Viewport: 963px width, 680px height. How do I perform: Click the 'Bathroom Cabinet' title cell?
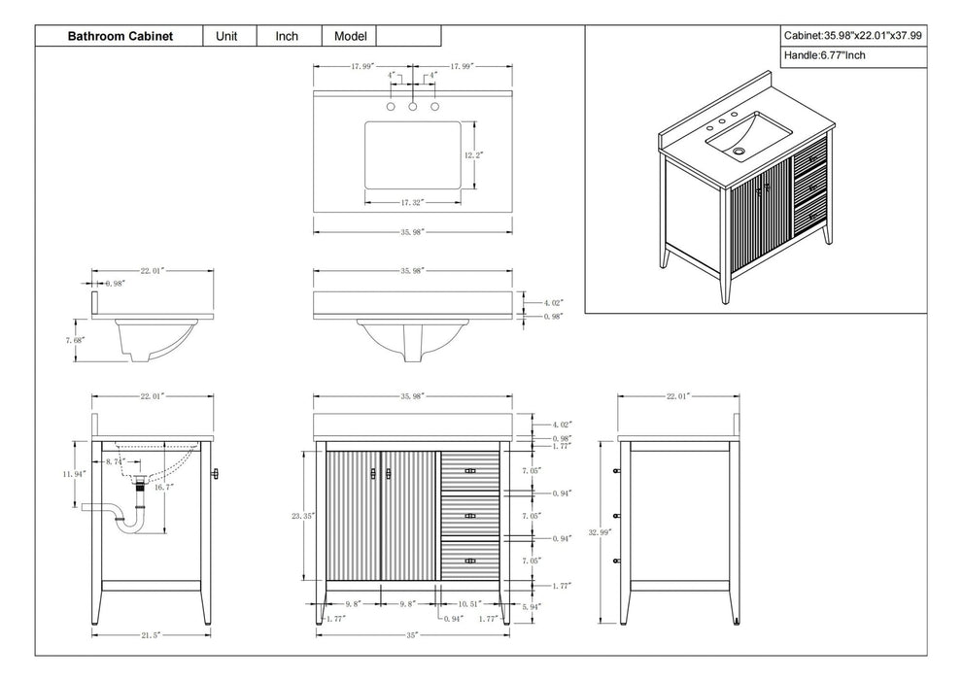pyautogui.click(x=120, y=36)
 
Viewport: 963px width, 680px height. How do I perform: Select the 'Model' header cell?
pyautogui.click(x=349, y=36)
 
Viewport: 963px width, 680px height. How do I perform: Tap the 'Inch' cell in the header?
pyautogui.click(x=287, y=36)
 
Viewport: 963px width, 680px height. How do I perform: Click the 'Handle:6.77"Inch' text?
pyautogui.click(x=824, y=56)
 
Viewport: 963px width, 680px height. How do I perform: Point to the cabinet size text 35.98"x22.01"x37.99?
pyautogui.click(x=853, y=35)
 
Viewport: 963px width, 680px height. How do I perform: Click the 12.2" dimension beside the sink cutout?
pyautogui.click(x=473, y=154)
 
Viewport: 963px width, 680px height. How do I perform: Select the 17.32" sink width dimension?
pyautogui.click(x=413, y=202)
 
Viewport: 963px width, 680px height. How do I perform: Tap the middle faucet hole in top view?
pyautogui.click(x=413, y=105)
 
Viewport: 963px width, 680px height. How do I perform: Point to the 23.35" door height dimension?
pyautogui.click(x=302, y=517)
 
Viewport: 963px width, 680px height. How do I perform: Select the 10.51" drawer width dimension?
pyautogui.click(x=469, y=603)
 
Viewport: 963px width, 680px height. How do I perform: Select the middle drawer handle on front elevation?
pyautogui.click(x=469, y=516)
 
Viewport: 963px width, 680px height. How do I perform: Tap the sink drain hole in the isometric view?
pyautogui.click(x=739, y=150)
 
